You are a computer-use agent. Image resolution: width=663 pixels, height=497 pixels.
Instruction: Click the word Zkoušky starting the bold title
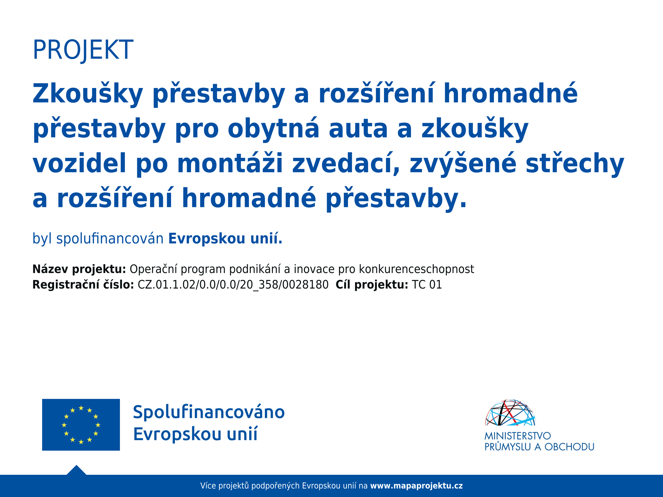click(x=87, y=94)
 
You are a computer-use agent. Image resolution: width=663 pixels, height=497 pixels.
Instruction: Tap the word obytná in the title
click(x=273, y=129)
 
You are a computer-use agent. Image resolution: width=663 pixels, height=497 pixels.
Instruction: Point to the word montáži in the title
click(x=230, y=163)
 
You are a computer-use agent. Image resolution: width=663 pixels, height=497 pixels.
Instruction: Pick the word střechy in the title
click(x=575, y=163)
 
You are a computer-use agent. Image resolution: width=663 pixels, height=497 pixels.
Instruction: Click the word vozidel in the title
click(x=80, y=163)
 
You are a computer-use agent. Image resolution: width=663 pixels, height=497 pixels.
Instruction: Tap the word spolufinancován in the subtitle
click(x=110, y=239)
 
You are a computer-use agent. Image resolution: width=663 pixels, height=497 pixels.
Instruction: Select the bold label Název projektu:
click(x=79, y=269)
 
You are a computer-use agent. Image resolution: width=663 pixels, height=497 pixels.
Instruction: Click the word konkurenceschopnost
click(x=417, y=269)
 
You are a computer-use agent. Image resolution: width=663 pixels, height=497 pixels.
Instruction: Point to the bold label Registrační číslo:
click(x=83, y=284)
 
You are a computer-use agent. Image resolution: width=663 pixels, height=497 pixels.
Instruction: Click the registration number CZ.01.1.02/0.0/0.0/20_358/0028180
click(x=233, y=284)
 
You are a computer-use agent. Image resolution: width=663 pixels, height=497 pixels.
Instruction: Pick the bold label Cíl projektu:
click(x=372, y=284)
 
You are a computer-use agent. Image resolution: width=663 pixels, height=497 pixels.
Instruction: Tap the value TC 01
click(x=427, y=284)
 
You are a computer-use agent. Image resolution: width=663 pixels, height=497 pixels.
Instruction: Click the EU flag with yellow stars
click(x=81, y=424)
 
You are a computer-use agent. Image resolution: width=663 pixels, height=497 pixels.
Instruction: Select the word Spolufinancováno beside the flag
click(x=209, y=412)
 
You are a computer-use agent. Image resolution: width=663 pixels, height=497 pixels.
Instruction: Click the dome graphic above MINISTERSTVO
click(x=510, y=413)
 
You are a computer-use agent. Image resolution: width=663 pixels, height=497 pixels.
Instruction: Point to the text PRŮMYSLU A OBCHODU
click(x=539, y=447)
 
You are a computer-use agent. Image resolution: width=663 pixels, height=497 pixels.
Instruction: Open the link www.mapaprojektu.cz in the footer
click(x=416, y=486)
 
